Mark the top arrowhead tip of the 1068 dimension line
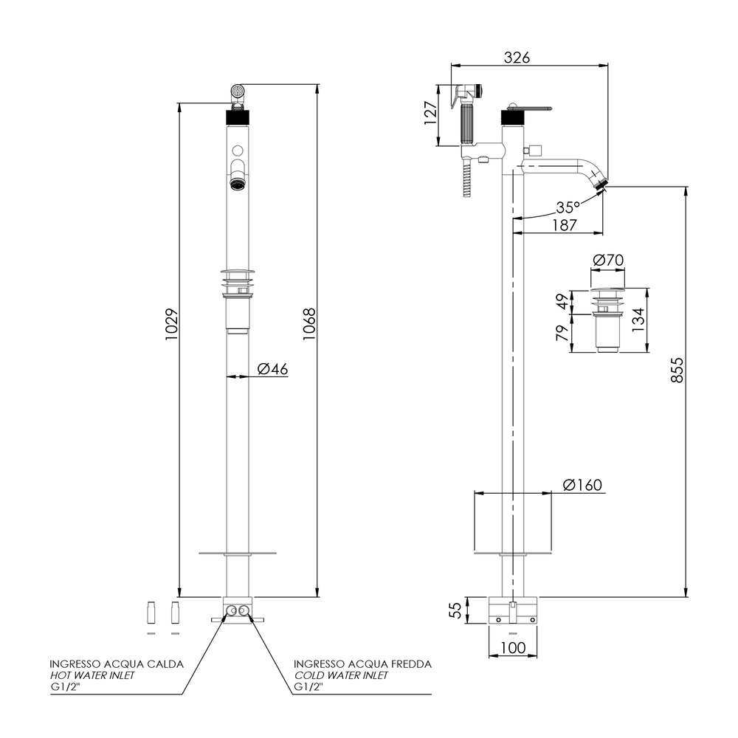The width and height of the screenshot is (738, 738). pyautogui.click(x=318, y=84)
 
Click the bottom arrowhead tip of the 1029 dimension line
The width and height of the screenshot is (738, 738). pyautogui.click(x=179, y=597)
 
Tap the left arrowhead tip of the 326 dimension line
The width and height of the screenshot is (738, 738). pyautogui.click(x=451, y=65)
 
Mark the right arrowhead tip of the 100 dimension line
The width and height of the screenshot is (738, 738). pyautogui.click(x=537, y=655)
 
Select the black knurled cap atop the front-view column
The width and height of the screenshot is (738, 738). pyautogui.click(x=238, y=116)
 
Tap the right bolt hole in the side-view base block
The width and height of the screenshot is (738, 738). pyautogui.click(x=532, y=619)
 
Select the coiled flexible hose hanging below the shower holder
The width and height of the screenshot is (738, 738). pyautogui.click(x=466, y=179)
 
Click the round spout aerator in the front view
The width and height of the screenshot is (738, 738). pyautogui.click(x=238, y=182)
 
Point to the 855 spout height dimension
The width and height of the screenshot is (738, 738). pyautogui.click(x=677, y=370)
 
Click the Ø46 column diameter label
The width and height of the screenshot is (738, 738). pyautogui.click(x=272, y=369)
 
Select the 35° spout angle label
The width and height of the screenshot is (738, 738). pyautogui.click(x=568, y=207)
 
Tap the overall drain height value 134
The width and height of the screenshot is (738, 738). pyautogui.click(x=638, y=320)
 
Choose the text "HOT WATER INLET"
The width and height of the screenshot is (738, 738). pyautogui.click(x=92, y=675)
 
